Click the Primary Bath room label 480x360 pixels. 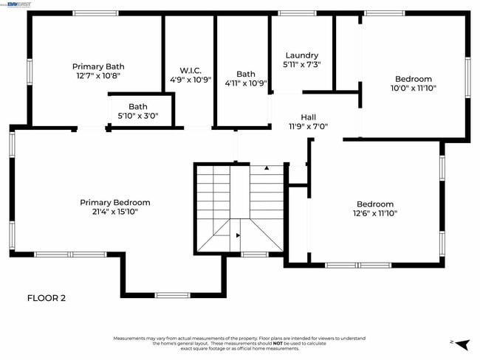pos(98,66)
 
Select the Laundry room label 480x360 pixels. pos(301,55)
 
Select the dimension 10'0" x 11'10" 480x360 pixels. pos(414,88)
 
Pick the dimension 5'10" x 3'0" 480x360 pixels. pos(138,116)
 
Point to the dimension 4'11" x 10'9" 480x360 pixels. pos(246,83)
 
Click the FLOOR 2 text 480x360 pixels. pos(47,298)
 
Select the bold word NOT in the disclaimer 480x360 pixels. pos(277,343)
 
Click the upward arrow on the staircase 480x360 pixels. pos(267,168)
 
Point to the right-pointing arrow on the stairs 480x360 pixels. pos(238,235)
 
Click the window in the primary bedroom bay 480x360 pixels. pos(172,295)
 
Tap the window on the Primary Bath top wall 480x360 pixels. pos(95,13)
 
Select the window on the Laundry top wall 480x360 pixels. pos(297,13)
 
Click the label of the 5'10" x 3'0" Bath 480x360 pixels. pos(138,107)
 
